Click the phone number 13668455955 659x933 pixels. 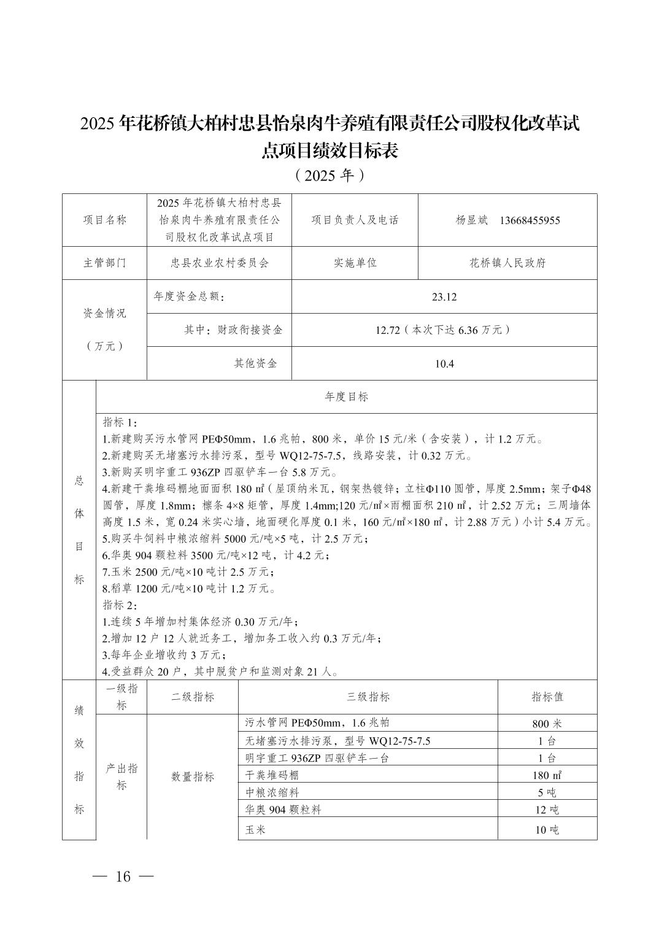(x=530, y=220)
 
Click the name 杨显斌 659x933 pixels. (x=471, y=220)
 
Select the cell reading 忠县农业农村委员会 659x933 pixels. (x=219, y=263)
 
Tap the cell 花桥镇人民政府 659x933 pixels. (x=507, y=263)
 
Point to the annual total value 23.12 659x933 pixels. (x=444, y=297)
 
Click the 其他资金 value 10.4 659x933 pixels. (x=444, y=363)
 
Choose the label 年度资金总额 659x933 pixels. (x=189, y=297)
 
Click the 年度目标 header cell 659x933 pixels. (x=346, y=397)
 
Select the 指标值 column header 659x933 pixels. (x=547, y=697)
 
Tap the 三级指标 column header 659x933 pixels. (x=368, y=697)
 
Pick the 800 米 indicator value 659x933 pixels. (x=547, y=724)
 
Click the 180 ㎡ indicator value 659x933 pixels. (x=547, y=775)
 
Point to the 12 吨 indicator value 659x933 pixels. (x=547, y=810)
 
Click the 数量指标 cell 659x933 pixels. (x=192, y=776)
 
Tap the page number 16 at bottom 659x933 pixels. (x=123, y=877)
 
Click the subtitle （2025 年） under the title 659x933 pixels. (x=329, y=176)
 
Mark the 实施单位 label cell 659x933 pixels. (x=355, y=263)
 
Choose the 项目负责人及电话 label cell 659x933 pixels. (x=355, y=220)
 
